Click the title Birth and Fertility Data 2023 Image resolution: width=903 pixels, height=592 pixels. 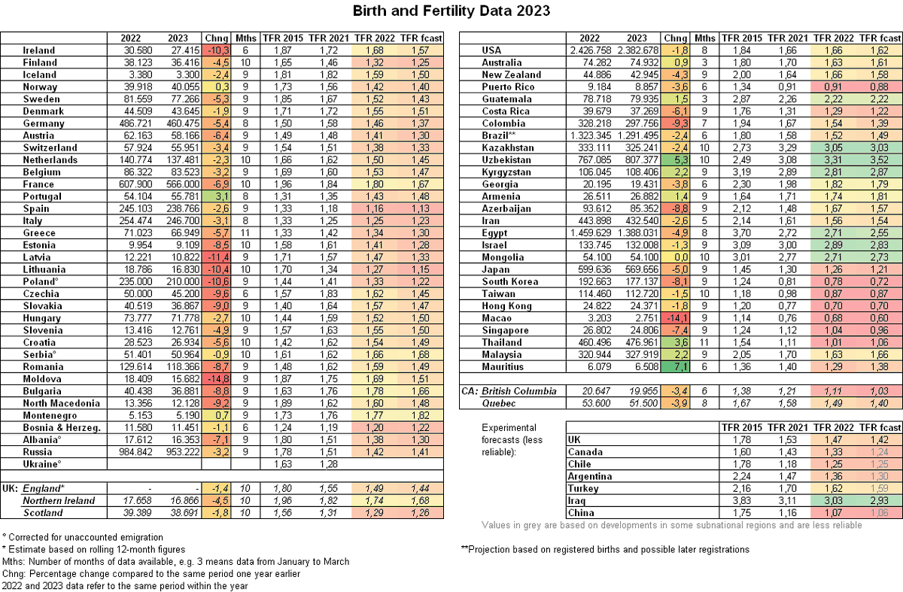click(451, 11)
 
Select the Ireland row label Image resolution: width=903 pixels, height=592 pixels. click(39, 50)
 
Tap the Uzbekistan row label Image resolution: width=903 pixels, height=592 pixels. click(507, 160)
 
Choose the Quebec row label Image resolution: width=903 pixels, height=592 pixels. click(499, 404)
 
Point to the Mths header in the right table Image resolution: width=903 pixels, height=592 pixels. click(705, 38)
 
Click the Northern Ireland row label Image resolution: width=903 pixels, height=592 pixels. click(59, 501)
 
